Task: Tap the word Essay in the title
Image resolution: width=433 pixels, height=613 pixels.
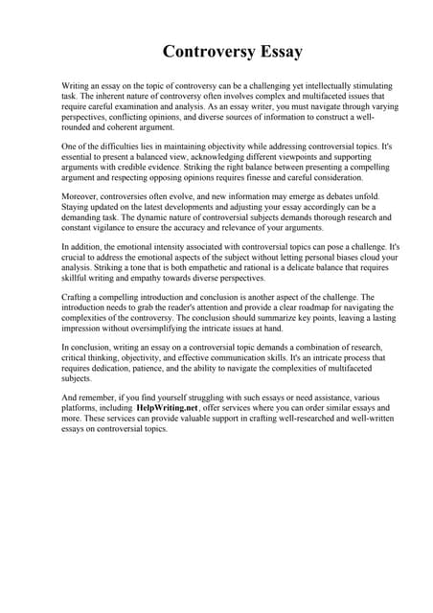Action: tap(275, 51)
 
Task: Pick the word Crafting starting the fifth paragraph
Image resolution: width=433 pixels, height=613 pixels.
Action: tap(79, 299)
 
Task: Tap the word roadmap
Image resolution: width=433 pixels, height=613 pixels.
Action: tap(296, 309)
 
